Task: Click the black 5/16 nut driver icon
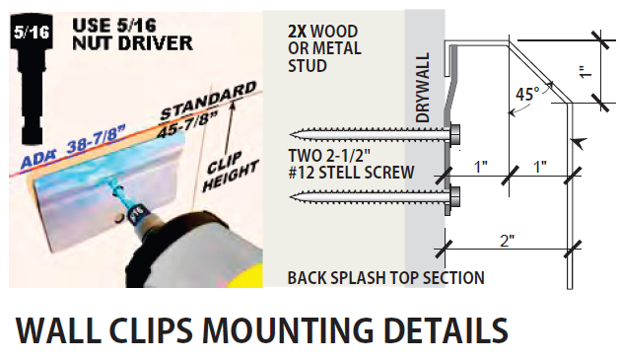point(32,78)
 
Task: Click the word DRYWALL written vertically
point(423,88)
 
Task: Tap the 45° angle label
point(527,95)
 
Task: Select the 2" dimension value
point(508,241)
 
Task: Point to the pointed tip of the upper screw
point(291,134)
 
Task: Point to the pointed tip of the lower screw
point(291,196)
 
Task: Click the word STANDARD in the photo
point(208,100)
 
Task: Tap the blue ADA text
point(38,160)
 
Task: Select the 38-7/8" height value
point(96,141)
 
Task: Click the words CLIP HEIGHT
point(231,171)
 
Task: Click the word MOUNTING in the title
point(288,330)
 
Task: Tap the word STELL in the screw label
point(342,173)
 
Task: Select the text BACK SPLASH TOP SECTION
point(386,278)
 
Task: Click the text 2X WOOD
point(322,32)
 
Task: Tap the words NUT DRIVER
point(132,43)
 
